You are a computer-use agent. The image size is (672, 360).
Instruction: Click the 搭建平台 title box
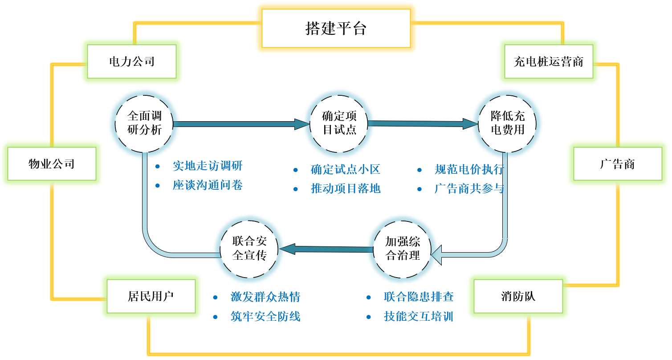[x=336, y=29]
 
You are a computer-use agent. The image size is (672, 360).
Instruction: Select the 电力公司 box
[x=132, y=61]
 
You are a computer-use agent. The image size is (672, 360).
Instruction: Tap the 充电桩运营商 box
[x=549, y=61]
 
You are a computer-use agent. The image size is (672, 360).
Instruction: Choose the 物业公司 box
[x=52, y=164]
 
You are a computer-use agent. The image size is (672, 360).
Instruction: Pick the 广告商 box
[x=617, y=164]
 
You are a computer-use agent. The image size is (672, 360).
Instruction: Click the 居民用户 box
[x=151, y=296]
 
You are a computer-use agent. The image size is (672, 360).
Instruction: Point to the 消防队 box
[x=518, y=296]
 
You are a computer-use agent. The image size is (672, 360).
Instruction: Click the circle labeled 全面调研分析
[x=144, y=123]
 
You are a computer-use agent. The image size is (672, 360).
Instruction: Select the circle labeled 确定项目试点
[x=339, y=123]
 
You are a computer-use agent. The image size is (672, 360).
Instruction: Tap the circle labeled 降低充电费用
[x=508, y=123]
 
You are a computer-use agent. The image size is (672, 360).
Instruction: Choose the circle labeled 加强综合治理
[x=403, y=249]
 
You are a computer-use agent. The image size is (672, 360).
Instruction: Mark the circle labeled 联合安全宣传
[x=249, y=249]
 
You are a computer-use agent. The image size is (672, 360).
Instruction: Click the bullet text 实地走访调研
[x=208, y=166]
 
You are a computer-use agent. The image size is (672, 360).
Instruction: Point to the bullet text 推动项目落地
[x=346, y=188]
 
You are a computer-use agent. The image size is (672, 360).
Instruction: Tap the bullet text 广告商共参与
[x=469, y=188]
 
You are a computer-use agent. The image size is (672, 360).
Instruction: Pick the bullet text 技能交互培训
[x=418, y=316]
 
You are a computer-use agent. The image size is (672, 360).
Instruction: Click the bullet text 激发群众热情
[x=265, y=297]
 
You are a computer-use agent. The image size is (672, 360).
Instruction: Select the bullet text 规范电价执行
[x=469, y=169]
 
